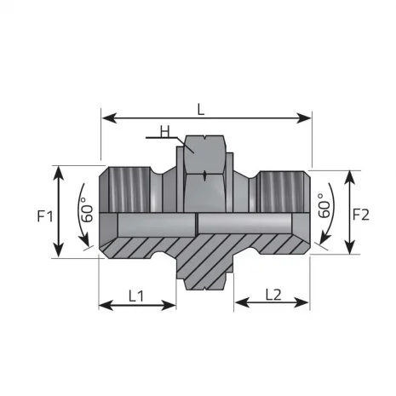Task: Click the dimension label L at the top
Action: (x=201, y=109)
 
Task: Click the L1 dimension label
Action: (x=138, y=295)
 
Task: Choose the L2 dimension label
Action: (x=273, y=295)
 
